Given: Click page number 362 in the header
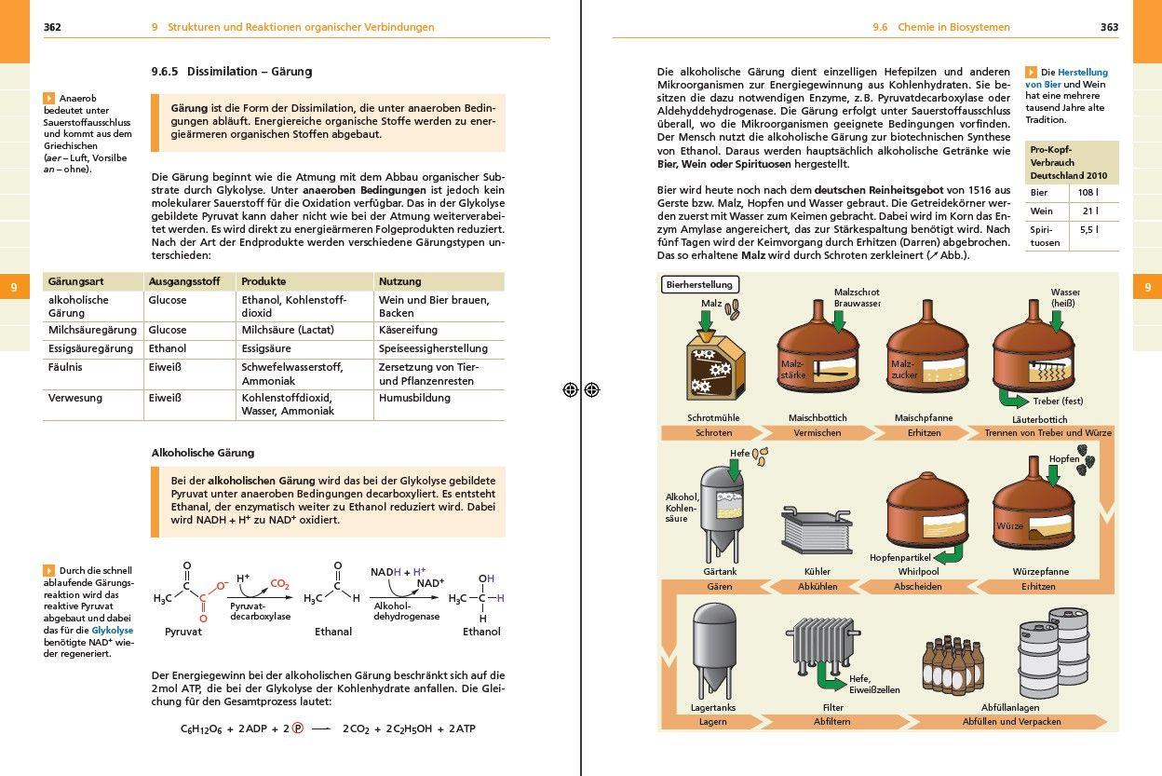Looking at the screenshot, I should pos(52,27).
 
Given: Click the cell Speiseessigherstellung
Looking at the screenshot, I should pos(433,348).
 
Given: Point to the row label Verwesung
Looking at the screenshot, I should pos(75,398).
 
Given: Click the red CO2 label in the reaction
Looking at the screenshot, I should pos(279,584).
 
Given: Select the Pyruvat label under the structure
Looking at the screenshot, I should pos(183,632).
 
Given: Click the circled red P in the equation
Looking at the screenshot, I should pos(298,728).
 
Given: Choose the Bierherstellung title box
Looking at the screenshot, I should pos(699,285).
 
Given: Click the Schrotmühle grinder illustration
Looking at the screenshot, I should pos(714,369).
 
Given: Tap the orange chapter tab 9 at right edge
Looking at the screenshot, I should pos(1147,288).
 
